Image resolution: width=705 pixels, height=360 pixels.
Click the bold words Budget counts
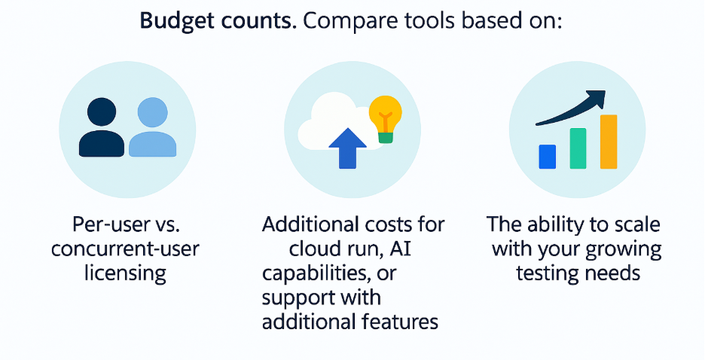pyautogui.click(x=218, y=21)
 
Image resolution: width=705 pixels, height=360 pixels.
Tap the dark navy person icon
pyautogui.click(x=102, y=127)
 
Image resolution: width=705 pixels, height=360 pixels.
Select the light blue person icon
pyautogui.click(x=152, y=127)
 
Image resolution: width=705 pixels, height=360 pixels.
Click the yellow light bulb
pyautogui.click(x=386, y=119)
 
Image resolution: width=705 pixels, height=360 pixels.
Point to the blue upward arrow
pyautogui.click(x=347, y=148)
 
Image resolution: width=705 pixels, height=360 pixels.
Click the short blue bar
pyautogui.click(x=547, y=157)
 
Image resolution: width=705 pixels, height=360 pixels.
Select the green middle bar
pyautogui.click(x=578, y=148)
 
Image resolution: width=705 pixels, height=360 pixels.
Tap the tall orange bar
pyautogui.click(x=609, y=142)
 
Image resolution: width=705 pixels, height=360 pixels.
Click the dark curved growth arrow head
pyautogui.click(x=597, y=97)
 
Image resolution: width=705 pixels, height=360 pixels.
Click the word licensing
pyautogui.click(x=126, y=273)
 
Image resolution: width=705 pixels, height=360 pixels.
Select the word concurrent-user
pyautogui.click(x=125, y=249)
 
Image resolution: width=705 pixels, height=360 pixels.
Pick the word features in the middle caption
pyautogui.click(x=400, y=322)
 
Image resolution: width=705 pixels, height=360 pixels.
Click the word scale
pyautogui.click(x=635, y=224)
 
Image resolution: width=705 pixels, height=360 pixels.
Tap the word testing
pyautogui.click(x=544, y=273)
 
